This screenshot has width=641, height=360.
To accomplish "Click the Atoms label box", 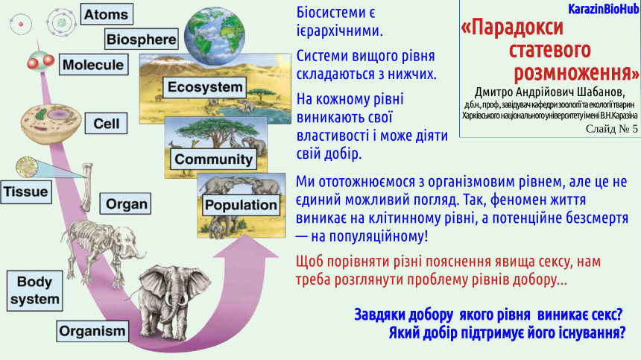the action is click(107, 14).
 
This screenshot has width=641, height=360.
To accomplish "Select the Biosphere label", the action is click(142, 40).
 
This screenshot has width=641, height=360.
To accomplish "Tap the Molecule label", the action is click(94, 65).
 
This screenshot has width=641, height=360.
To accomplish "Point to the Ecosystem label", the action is click(205, 87).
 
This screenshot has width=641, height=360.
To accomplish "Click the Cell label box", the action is click(107, 124).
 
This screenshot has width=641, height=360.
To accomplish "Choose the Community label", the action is click(213, 159).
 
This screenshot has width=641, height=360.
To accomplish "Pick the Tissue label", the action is click(26, 192).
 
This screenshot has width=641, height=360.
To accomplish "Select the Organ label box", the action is click(125, 204).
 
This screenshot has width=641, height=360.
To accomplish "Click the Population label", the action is click(241, 205).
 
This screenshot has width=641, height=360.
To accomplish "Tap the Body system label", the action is click(35, 291).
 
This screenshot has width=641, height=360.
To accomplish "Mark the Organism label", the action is click(92, 331).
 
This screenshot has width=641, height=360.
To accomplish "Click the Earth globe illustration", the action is click(214, 36).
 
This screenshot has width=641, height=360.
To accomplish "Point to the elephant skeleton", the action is click(102, 250).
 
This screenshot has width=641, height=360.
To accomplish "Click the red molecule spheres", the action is click(41, 62).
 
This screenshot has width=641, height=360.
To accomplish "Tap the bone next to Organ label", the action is click(86, 187).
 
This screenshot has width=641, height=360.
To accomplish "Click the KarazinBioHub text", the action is click(603, 9).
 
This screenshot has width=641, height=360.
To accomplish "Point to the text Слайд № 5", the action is click(612, 129).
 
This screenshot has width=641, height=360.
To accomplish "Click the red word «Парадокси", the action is click(512, 28).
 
